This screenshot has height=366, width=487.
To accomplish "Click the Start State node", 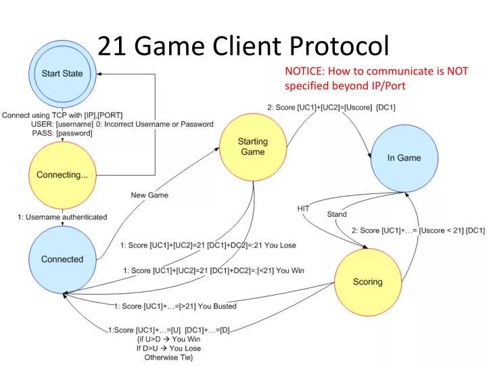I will (x=62, y=73).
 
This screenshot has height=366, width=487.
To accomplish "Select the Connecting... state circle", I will (x=62, y=175).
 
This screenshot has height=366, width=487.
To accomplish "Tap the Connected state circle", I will (x=62, y=259).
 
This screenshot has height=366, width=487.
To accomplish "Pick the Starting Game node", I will (x=252, y=146).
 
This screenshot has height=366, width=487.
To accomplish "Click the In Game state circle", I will (x=404, y=158).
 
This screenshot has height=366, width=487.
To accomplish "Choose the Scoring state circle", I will (x=367, y=281).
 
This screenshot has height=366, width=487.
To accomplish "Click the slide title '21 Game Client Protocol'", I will (x=243, y=45).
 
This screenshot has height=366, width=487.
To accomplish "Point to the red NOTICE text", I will (x=376, y=78).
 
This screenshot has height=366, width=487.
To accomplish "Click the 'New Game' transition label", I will (x=149, y=195).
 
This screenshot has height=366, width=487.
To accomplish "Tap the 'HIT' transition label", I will (x=303, y=209).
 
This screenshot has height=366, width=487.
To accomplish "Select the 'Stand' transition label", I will (x=337, y=214).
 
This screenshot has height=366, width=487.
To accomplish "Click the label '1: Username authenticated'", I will (x=62, y=217).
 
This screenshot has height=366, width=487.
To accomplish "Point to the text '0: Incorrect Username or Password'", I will (x=155, y=124).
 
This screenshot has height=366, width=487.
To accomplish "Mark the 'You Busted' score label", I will (x=175, y=306).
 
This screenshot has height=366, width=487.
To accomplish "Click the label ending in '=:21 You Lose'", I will (x=208, y=245).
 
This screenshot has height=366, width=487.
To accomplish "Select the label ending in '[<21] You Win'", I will (x=214, y=270).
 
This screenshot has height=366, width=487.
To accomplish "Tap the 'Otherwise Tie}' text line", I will (x=168, y=357).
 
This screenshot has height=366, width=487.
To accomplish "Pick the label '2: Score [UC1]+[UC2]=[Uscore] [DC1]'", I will (x=331, y=107).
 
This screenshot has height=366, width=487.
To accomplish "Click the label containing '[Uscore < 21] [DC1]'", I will (x=417, y=230).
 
